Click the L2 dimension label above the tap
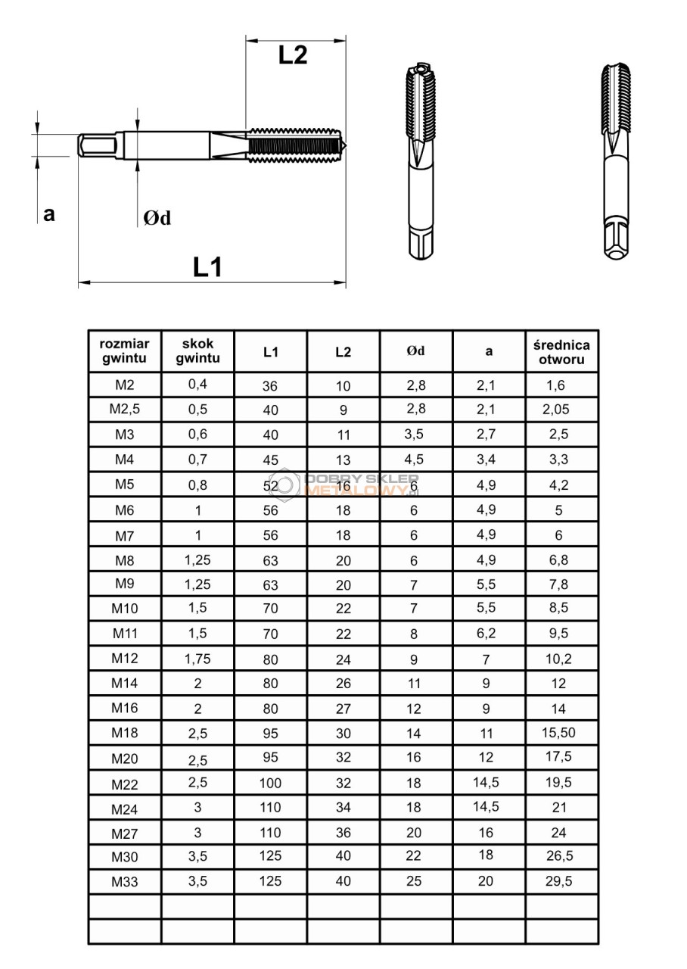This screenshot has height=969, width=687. [293, 55]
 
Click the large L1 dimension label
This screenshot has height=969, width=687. [207, 266]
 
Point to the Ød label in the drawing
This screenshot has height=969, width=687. [157, 218]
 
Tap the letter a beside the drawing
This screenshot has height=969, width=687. [49, 214]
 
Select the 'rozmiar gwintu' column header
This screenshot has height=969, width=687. [124, 351]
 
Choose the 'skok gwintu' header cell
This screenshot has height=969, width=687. [197, 351]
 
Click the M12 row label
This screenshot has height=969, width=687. [125, 658]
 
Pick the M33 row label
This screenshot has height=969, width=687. [125, 881]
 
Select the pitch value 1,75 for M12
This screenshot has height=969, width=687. [197, 658]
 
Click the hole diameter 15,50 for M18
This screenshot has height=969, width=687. [559, 732]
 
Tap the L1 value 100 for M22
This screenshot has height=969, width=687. [270, 784]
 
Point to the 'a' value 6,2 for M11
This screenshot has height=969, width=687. [486, 633]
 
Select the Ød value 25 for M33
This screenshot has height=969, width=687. [414, 881]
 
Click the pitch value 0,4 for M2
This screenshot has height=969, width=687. [197, 384]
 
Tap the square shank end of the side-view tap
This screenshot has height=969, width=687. [88, 145]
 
